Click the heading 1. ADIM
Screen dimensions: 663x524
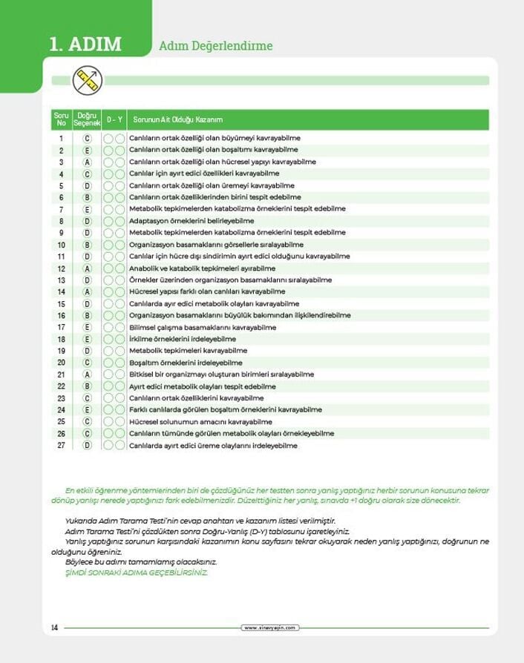(x=85, y=44)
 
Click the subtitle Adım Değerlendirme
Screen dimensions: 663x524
(x=216, y=46)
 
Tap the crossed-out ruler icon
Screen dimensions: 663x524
(x=88, y=79)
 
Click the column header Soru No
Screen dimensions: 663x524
(x=61, y=119)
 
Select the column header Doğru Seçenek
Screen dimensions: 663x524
(x=87, y=119)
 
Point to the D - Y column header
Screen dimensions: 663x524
(x=114, y=120)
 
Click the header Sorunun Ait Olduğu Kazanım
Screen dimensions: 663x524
(x=177, y=120)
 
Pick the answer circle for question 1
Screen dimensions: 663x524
(x=87, y=138)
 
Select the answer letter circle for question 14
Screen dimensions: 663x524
(x=87, y=292)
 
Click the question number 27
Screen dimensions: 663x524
(x=62, y=446)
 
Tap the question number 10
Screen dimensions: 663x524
(x=62, y=245)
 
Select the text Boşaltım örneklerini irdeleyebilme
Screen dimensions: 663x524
(x=186, y=363)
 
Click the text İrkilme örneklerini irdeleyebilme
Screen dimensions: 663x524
(x=183, y=339)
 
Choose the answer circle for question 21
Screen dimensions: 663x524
(x=87, y=375)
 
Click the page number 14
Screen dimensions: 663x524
(x=55, y=628)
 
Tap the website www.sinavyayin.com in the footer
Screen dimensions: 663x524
(x=270, y=628)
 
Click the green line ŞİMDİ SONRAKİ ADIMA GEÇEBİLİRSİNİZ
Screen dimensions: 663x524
(x=137, y=573)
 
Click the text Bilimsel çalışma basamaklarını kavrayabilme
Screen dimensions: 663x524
(x=203, y=327)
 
